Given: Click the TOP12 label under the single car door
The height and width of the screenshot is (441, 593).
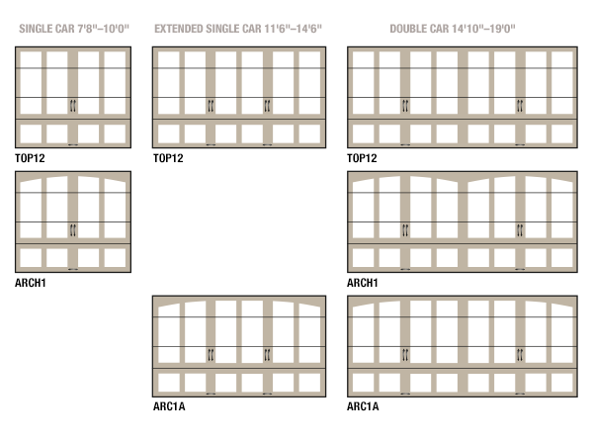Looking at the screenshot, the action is pyautogui.click(x=30, y=158).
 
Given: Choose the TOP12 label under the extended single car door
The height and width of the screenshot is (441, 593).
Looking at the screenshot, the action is pyautogui.click(x=168, y=158).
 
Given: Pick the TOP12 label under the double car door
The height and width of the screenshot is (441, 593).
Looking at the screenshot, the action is pyautogui.click(x=362, y=158).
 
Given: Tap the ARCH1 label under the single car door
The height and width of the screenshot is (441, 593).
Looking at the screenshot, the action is pyautogui.click(x=31, y=283).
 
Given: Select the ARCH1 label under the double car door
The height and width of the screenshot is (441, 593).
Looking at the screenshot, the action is pyautogui.click(x=363, y=283).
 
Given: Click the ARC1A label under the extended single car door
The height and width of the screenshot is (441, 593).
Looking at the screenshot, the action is pyautogui.click(x=169, y=406).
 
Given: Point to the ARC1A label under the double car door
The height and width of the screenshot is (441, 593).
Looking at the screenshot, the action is pyautogui.click(x=363, y=406).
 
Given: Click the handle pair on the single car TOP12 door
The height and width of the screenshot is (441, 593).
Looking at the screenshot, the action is pyautogui.click(x=73, y=106).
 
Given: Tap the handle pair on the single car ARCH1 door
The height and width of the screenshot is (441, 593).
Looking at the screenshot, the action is pyautogui.click(x=73, y=230).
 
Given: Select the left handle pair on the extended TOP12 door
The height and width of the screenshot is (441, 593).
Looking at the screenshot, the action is pyautogui.click(x=211, y=106).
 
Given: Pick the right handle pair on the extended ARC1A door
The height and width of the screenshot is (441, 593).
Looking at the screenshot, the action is pyautogui.click(x=268, y=355).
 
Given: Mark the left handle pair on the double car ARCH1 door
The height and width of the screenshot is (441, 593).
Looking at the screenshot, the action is pyautogui.click(x=405, y=230).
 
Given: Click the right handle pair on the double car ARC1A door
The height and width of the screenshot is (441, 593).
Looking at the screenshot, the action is pyautogui.click(x=520, y=355).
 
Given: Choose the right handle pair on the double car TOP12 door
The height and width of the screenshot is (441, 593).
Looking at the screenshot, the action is pyautogui.click(x=520, y=106).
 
